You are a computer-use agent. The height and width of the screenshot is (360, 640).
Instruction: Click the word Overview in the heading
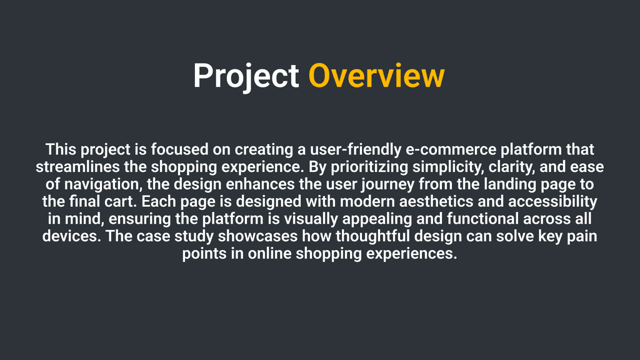[x=376, y=76]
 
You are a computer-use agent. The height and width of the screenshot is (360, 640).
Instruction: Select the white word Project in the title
[x=246, y=77]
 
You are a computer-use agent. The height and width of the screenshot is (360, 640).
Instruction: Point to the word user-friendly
[x=356, y=149]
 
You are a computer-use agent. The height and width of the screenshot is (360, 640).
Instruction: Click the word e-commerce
[x=451, y=149]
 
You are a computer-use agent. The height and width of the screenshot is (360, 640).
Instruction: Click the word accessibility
[x=552, y=202]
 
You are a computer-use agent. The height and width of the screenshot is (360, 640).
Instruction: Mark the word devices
[x=72, y=236]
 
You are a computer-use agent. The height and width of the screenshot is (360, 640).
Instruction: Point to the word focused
[x=179, y=149]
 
